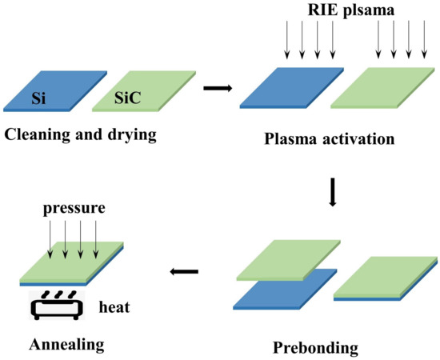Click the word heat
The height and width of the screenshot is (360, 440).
point(114,306)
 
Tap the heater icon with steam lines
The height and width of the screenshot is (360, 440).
point(55,305)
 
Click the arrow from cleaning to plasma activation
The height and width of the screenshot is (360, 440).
point(214,86)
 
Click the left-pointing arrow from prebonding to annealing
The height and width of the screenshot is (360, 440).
point(184,273)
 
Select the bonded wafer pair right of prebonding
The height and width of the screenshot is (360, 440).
point(386,277)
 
